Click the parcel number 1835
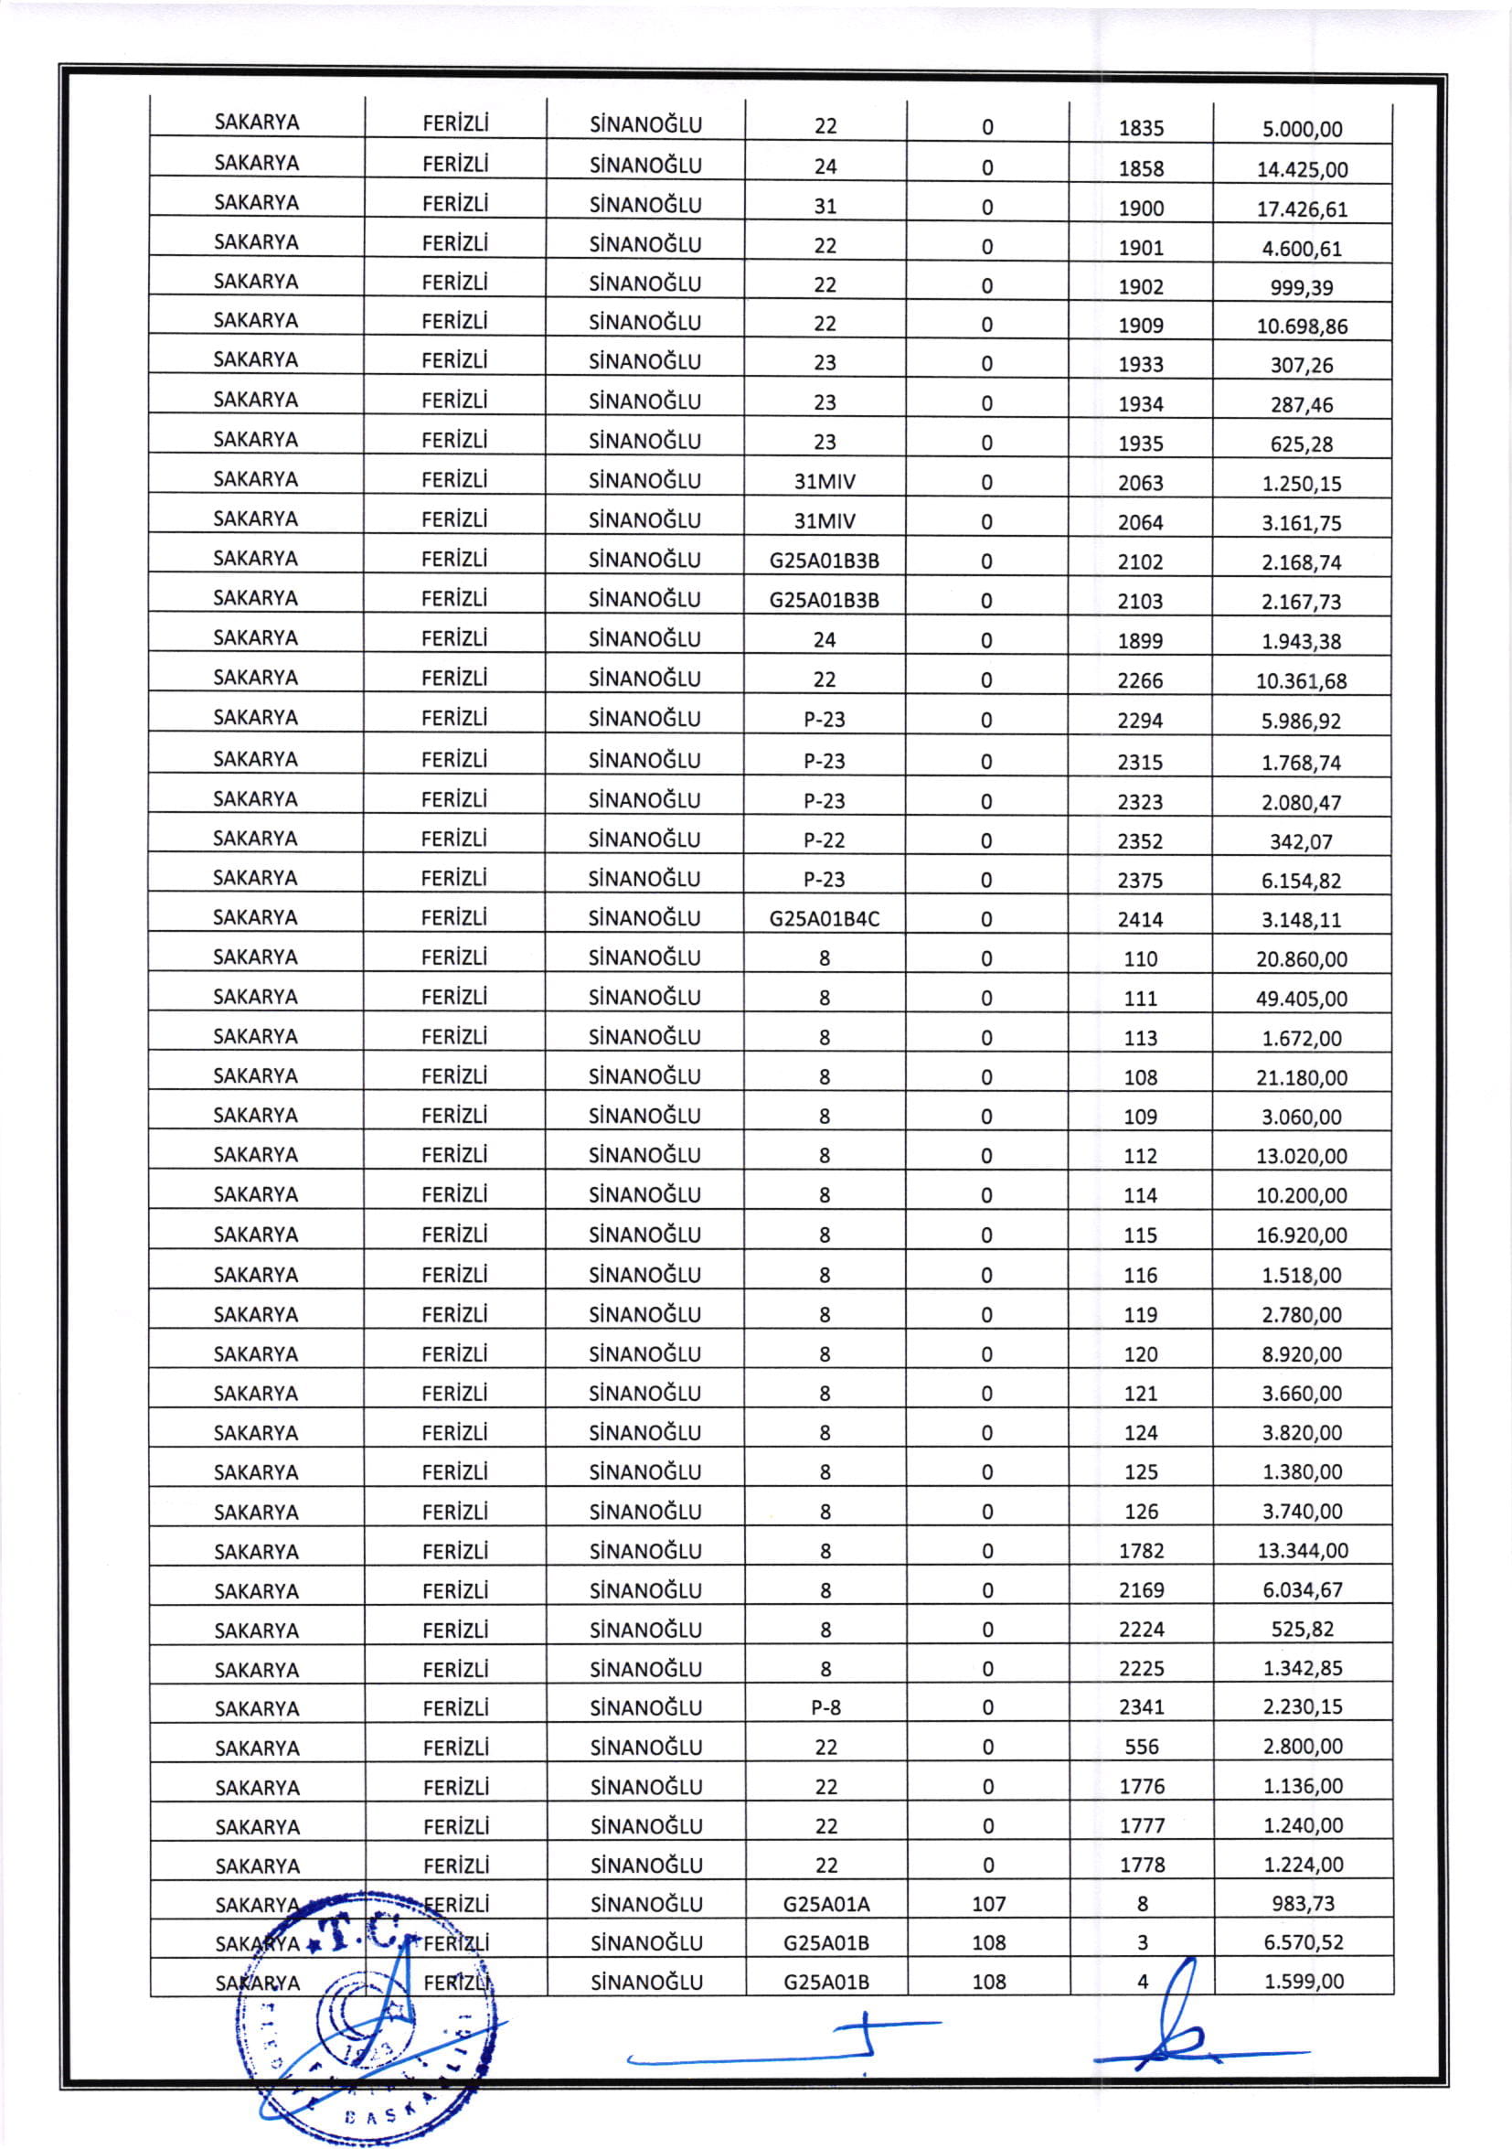point(1141,128)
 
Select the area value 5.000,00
point(1302,129)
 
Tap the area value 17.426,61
point(1302,208)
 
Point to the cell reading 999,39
point(1302,287)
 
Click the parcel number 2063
point(1141,483)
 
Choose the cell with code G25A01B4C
point(825,919)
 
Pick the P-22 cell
point(825,840)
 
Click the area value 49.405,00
point(1302,999)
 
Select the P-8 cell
point(825,1708)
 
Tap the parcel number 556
point(1142,1748)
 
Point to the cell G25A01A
point(825,1904)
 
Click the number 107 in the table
point(988,1904)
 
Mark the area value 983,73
point(1303,1903)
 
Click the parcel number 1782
point(1142,1551)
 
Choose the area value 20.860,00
point(1302,959)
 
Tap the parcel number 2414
point(1141,920)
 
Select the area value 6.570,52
point(1303,1942)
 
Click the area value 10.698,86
point(1302,326)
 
